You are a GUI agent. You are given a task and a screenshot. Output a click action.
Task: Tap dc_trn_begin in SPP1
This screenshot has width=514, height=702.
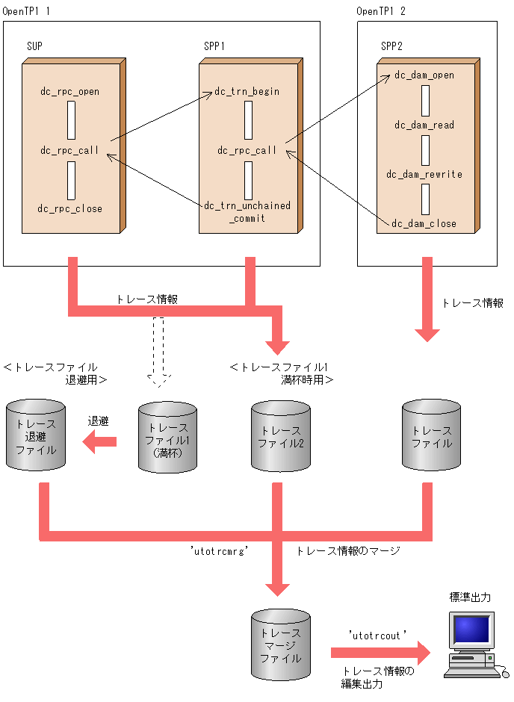(x=247, y=91)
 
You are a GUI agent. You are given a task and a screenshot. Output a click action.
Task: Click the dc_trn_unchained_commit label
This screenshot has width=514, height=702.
(x=247, y=211)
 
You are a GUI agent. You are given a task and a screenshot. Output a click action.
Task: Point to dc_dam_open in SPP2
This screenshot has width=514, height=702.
(x=424, y=75)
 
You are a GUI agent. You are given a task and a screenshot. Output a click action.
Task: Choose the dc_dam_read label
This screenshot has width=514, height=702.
(x=424, y=125)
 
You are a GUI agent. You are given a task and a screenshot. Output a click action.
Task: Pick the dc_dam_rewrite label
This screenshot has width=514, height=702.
(x=424, y=174)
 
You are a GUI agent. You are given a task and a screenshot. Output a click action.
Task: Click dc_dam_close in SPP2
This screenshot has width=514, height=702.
(x=424, y=223)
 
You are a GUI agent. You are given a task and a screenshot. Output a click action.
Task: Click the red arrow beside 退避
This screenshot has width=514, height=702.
(x=99, y=444)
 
